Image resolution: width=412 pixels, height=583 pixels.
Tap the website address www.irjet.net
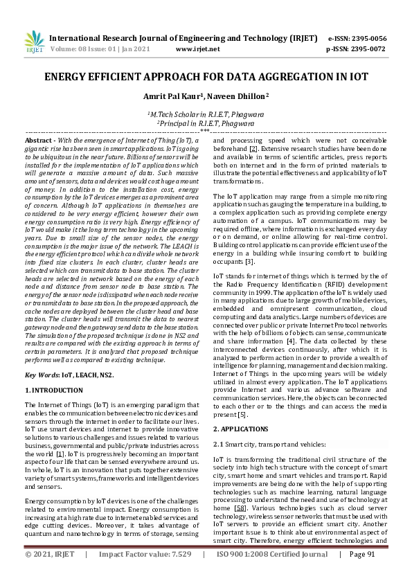pyautogui.click(x=198, y=49)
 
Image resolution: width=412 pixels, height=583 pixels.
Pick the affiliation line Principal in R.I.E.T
pyautogui.click(x=206, y=123)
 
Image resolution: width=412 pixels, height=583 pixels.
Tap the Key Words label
pyautogui.click(x=42, y=375)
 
